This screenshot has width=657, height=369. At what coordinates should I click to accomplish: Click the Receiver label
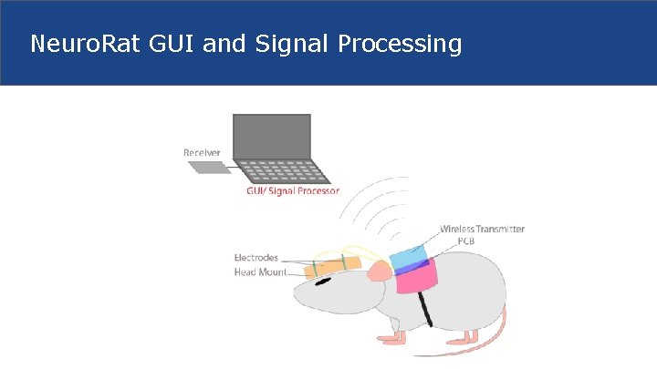202,151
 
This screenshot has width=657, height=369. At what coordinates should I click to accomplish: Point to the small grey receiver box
209,168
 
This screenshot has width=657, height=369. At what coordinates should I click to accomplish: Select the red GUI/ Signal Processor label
293,191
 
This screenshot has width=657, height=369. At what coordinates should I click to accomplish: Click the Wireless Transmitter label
482,229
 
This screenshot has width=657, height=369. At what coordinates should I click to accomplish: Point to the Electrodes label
256,258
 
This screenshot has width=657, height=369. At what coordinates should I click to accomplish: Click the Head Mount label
260,272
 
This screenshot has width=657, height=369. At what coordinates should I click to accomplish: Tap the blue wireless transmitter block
407,257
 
